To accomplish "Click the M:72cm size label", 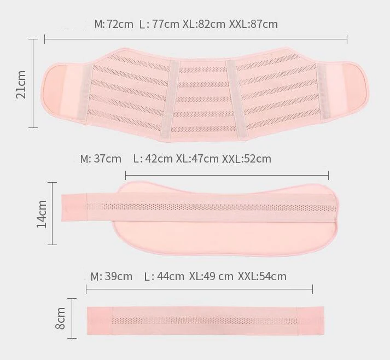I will [114, 24].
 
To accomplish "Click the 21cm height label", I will [21, 84].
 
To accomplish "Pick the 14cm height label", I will [41, 214].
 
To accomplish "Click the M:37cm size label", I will [101, 159].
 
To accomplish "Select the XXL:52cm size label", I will [247, 159].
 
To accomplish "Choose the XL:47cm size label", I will [197, 159].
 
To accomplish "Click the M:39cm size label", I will [112, 276].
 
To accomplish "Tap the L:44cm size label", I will [164, 276].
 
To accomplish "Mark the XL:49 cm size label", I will [211, 276].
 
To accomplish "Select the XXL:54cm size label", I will [262, 276].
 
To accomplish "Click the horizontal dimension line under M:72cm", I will [196, 39].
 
